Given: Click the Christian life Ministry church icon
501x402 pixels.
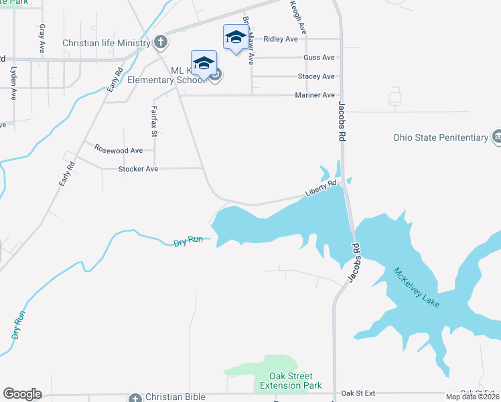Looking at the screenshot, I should pyautogui.click(x=160, y=43).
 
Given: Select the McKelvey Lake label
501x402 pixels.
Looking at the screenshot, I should pyautogui.click(x=417, y=287).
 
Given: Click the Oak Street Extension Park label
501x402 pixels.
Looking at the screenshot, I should pyautogui.click(x=295, y=381).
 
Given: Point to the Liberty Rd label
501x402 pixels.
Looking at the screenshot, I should pyautogui.click(x=320, y=188).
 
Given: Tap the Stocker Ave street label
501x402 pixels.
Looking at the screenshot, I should pyautogui.click(x=138, y=169).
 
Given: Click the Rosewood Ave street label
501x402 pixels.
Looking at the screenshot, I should pyautogui.click(x=119, y=149).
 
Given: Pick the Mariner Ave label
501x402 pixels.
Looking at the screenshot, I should pyautogui.click(x=315, y=95).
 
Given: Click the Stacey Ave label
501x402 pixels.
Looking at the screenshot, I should pyautogui.click(x=316, y=76).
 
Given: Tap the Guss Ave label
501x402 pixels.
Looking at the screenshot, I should pyautogui.click(x=319, y=58).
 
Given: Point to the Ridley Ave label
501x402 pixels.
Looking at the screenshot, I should pyautogui.click(x=281, y=39).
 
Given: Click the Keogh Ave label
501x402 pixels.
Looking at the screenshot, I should pyautogui.click(x=297, y=17).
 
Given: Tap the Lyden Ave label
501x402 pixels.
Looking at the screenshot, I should pyautogui.click(x=13, y=82).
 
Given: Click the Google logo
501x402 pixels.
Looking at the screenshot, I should pyautogui.click(x=22, y=394).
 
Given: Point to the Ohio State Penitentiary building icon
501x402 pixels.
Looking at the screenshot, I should pyautogui.click(x=496, y=137).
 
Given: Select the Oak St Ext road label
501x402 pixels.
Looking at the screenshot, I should pyautogui.click(x=358, y=393).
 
